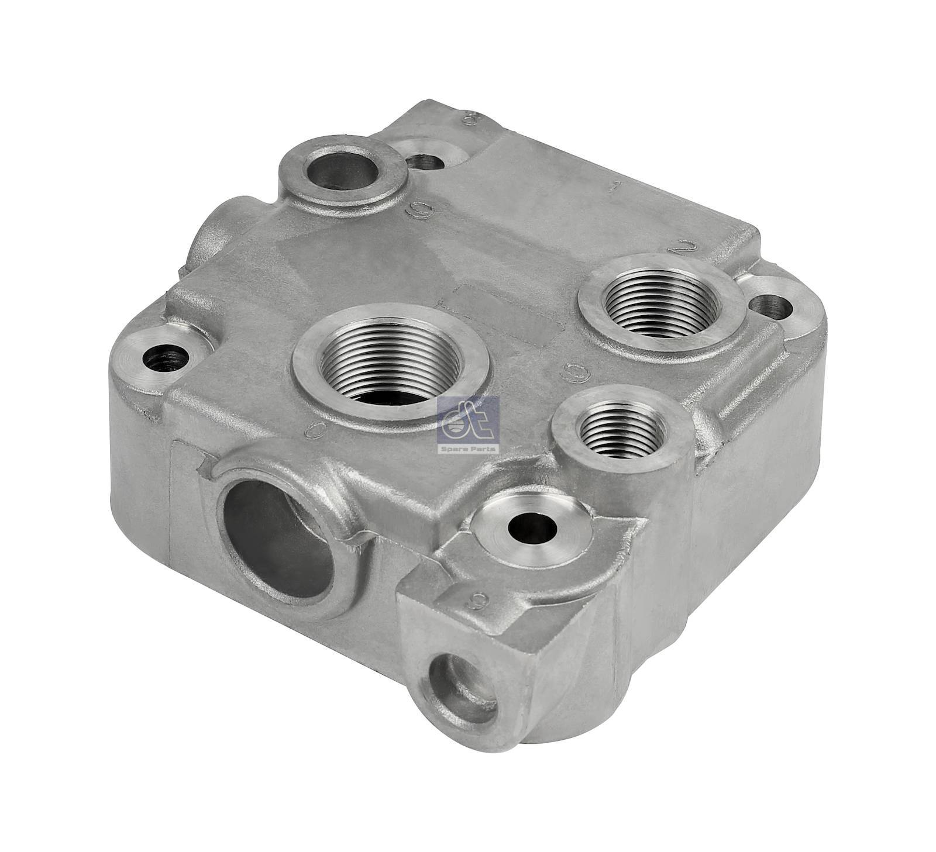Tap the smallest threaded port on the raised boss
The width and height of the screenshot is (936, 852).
(x=622, y=431)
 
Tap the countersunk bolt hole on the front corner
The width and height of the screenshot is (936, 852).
(x=531, y=527)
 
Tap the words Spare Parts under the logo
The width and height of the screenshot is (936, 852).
(x=468, y=449)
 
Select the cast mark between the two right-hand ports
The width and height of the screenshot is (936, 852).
(x=574, y=370)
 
